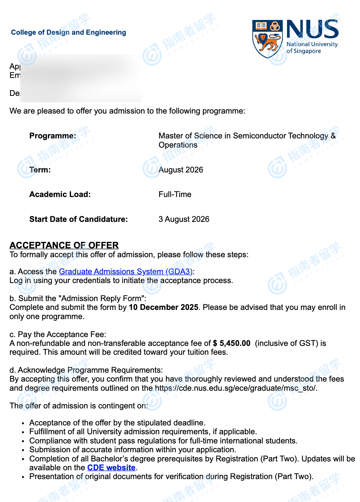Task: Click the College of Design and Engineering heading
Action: click(x=68, y=32)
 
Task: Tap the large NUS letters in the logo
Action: click(x=312, y=29)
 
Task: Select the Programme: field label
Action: click(x=53, y=136)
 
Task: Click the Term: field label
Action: click(x=40, y=170)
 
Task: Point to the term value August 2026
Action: click(x=181, y=170)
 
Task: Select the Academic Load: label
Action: click(x=60, y=194)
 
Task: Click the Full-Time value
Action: click(x=175, y=194)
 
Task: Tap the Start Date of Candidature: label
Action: click(x=79, y=219)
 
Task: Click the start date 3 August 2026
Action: click(x=184, y=219)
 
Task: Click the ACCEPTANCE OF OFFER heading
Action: click(x=64, y=245)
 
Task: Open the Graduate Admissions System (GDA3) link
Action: click(x=126, y=272)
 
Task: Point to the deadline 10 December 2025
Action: click(x=164, y=307)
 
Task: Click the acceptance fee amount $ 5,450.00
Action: click(x=232, y=343)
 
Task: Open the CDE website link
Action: click(x=111, y=468)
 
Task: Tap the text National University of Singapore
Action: click(x=312, y=48)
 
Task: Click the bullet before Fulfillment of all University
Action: click(x=23, y=432)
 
